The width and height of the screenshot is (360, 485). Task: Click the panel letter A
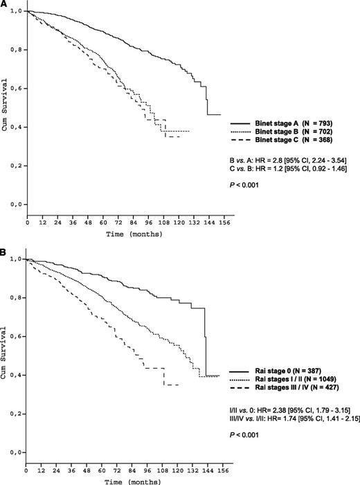(4, 5)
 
